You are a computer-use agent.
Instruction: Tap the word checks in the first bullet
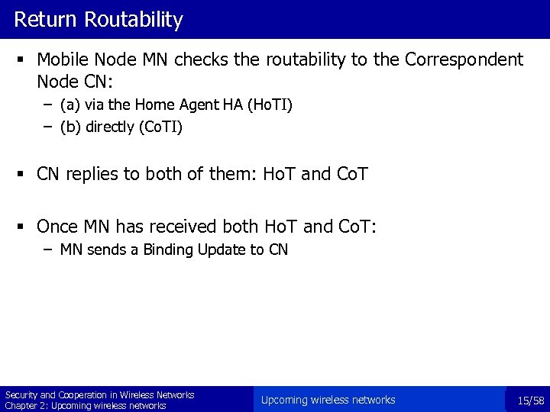pos(199,60)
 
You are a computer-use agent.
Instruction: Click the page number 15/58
pos(530,401)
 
